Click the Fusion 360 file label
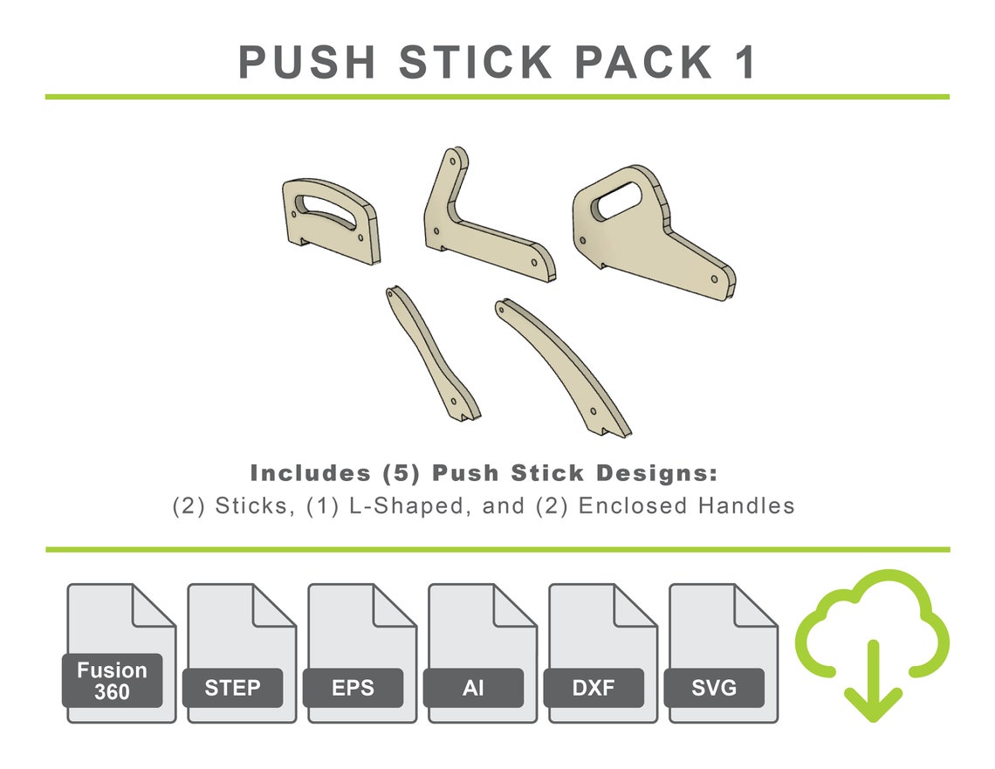tap(112, 681)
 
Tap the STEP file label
tap(232, 688)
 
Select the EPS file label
tap(353, 688)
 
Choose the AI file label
tap(473, 688)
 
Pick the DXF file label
tap(594, 688)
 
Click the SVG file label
tap(714, 688)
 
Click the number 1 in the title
tap(743, 63)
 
